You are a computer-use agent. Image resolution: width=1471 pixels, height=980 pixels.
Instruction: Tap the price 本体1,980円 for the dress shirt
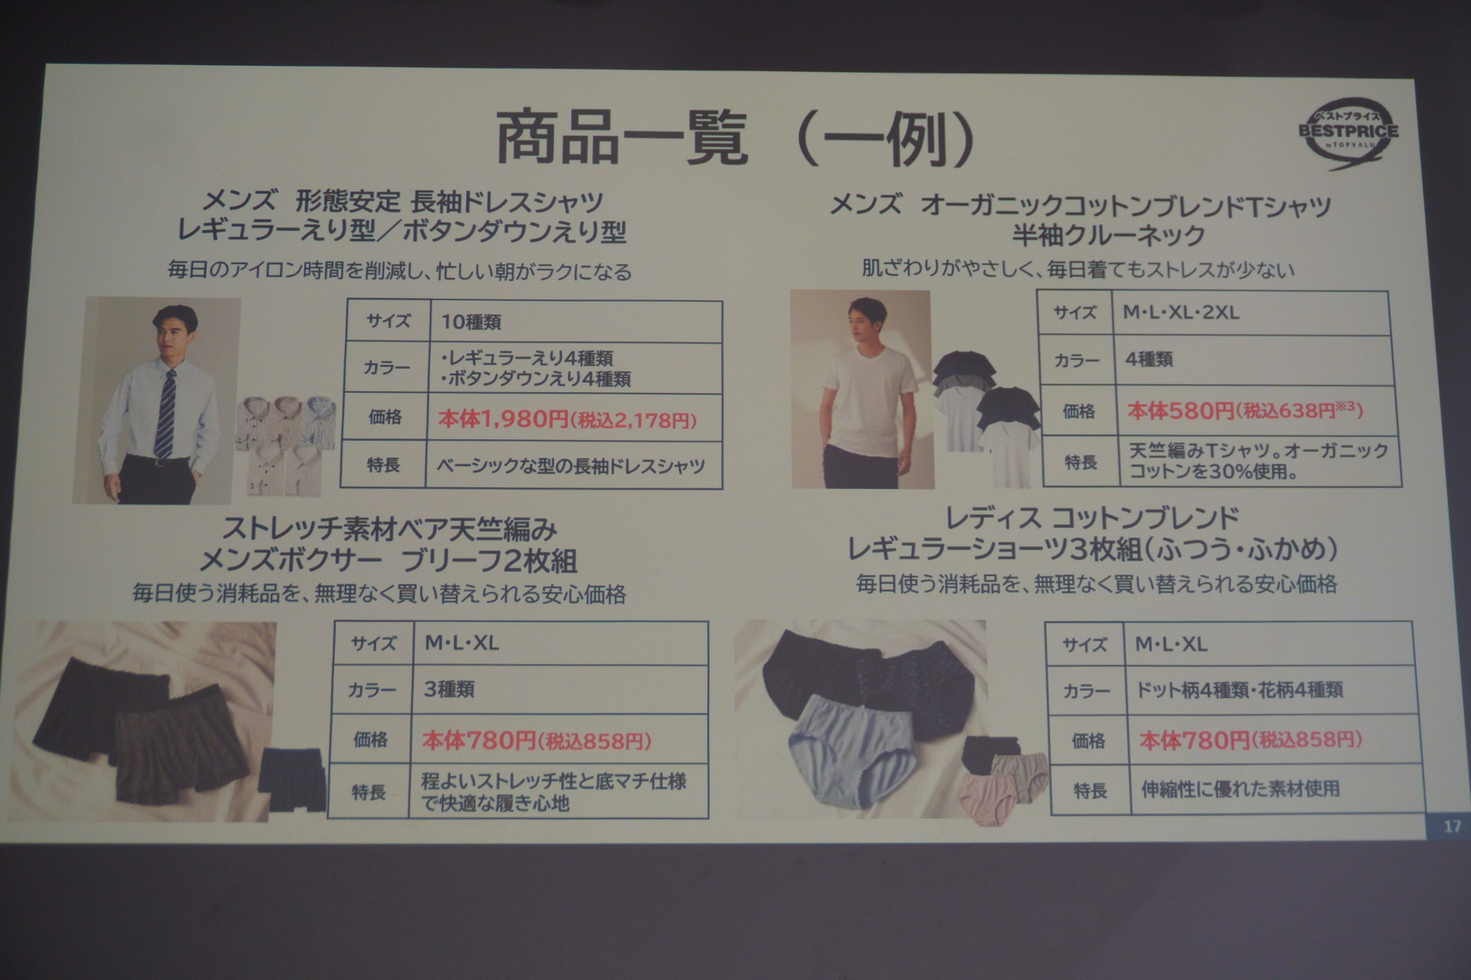(x=503, y=418)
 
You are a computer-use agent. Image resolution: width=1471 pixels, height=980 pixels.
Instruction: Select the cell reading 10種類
(x=471, y=322)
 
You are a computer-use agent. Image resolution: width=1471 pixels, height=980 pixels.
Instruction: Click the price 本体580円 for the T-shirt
(x=1181, y=411)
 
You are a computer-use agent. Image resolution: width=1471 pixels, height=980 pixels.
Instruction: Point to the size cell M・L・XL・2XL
(x=1180, y=312)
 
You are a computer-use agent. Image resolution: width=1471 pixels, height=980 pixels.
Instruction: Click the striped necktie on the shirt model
(x=166, y=413)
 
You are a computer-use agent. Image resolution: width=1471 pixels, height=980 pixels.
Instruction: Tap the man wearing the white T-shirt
(x=862, y=390)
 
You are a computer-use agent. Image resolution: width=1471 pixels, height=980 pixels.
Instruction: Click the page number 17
(x=1451, y=827)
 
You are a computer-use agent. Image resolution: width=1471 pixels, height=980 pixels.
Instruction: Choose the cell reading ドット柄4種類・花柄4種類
(x=1238, y=690)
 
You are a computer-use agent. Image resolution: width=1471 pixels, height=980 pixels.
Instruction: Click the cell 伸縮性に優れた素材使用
(x=1240, y=789)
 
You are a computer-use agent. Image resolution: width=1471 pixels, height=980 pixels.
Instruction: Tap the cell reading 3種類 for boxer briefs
(x=450, y=689)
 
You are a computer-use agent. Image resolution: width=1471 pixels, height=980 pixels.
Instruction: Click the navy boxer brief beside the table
(x=291, y=781)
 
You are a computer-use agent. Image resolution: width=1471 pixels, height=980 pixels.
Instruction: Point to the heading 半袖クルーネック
(x=1108, y=236)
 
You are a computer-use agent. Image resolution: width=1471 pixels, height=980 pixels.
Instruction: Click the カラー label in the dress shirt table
(x=386, y=368)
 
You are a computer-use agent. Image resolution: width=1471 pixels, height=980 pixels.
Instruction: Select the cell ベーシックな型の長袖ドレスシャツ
(x=571, y=466)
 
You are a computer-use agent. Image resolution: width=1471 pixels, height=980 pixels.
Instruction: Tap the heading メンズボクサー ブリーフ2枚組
(x=388, y=561)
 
